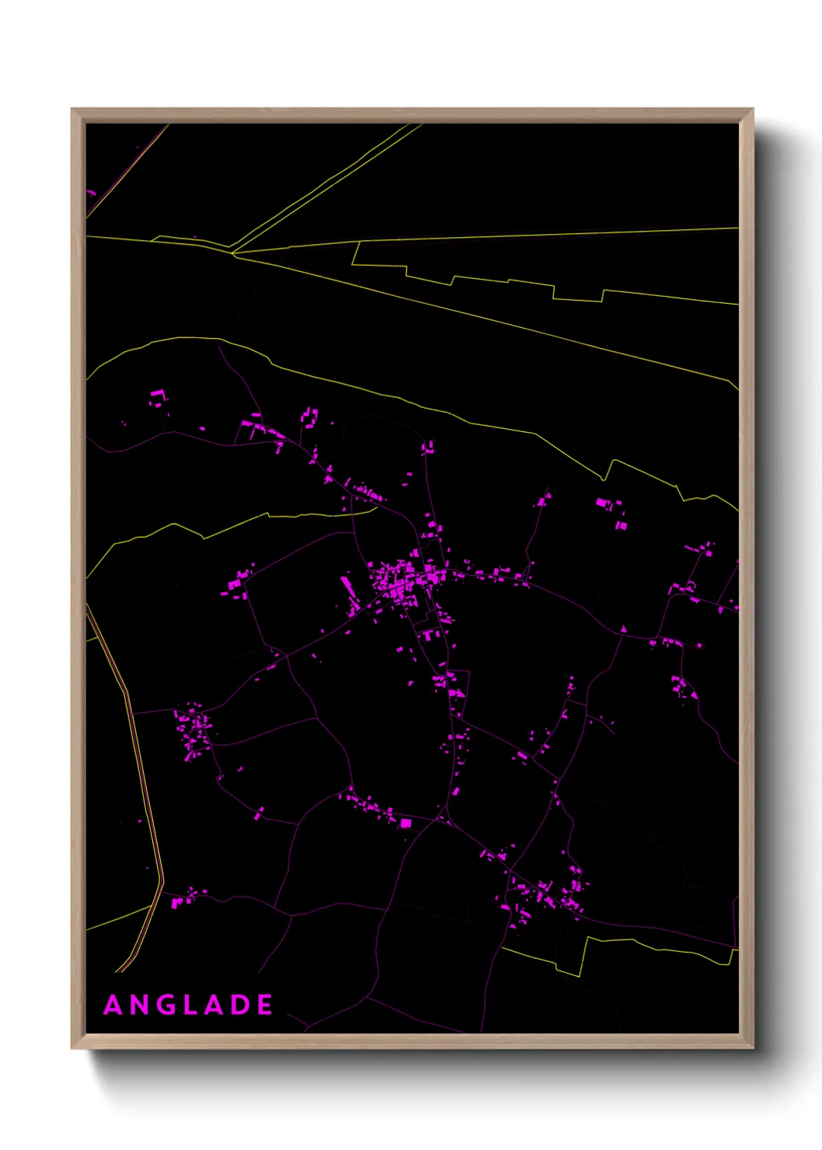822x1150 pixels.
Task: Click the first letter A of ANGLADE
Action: (x=113, y=1005)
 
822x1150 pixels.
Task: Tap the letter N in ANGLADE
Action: (x=140, y=1005)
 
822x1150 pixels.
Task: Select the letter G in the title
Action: (x=166, y=1005)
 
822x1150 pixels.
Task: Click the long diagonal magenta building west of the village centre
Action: (x=349, y=590)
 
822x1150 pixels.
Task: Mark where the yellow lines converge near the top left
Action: (x=232, y=252)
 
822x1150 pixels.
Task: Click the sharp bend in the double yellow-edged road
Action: (x=162, y=882)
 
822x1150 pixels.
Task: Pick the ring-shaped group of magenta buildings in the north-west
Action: (x=158, y=398)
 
